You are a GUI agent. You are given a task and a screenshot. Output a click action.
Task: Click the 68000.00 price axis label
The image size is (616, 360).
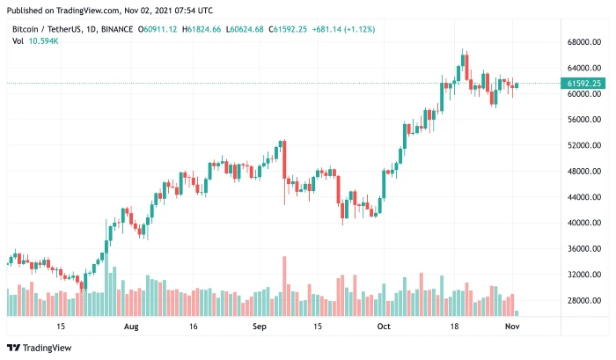click(x=584, y=42)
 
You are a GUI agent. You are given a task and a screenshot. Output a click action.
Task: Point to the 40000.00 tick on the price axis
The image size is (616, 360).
click(x=584, y=224)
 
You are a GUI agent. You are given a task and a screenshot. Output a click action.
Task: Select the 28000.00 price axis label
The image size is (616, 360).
click(x=584, y=301)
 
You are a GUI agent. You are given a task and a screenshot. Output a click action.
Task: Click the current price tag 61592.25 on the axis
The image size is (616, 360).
click(x=585, y=84)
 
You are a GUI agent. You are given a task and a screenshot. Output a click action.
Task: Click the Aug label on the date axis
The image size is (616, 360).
click(x=131, y=326)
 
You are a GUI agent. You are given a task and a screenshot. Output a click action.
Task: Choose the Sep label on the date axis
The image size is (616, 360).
click(x=259, y=326)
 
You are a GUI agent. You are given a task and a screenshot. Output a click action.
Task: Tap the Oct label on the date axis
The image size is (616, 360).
click(x=384, y=326)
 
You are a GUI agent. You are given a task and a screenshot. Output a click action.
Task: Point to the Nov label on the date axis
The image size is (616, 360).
click(x=511, y=326)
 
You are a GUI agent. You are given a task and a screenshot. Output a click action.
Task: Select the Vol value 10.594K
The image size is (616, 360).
click(x=41, y=41)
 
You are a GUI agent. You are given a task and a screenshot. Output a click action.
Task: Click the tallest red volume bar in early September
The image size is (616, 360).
click(x=284, y=286)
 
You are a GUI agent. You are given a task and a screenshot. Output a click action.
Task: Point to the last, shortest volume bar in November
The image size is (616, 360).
click(x=517, y=313)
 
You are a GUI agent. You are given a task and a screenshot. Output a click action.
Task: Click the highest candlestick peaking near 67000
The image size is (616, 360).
click(x=464, y=64)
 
